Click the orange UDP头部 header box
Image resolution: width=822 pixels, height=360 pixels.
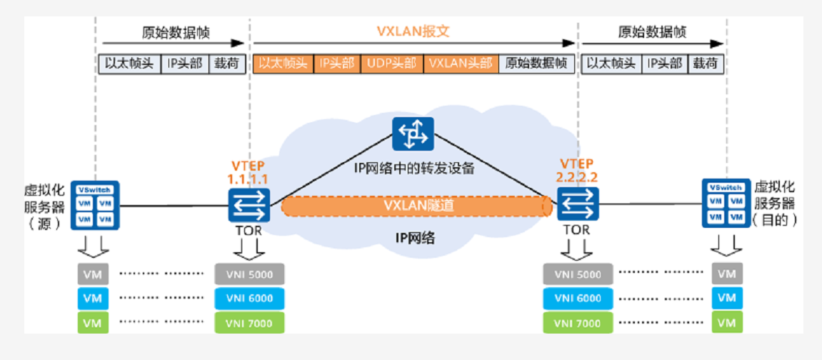point(392,64)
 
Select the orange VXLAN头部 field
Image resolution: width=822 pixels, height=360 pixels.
point(461,64)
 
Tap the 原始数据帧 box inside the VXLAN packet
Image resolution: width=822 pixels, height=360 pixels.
point(536,64)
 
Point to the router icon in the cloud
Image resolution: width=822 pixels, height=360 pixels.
point(413,134)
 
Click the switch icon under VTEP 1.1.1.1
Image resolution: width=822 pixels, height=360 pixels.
point(249,206)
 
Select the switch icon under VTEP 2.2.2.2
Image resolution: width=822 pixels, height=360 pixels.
point(577,206)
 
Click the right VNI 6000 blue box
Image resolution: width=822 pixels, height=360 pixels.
point(578,299)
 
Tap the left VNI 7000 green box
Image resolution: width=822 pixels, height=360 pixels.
point(249,323)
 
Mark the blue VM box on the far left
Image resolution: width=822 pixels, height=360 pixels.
point(92,299)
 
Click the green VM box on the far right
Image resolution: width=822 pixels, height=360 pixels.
point(726,323)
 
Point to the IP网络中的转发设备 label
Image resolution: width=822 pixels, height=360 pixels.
point(414,169)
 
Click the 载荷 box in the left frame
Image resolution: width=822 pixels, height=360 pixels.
point(226,64)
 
